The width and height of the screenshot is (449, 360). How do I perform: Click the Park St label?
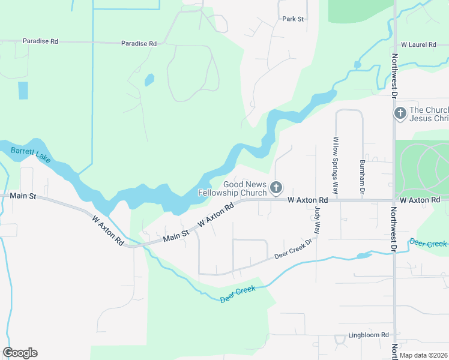294,19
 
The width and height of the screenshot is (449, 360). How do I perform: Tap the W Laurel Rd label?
418,45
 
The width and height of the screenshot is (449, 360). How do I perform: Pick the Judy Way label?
318,220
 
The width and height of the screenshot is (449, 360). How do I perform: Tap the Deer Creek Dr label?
294,248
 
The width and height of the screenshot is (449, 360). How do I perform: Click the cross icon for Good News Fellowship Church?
276,189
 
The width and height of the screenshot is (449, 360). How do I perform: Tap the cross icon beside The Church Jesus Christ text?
400,113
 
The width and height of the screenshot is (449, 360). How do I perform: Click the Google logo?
20,353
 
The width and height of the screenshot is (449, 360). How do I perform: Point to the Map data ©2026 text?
424,355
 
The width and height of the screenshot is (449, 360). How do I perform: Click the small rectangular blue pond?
23,90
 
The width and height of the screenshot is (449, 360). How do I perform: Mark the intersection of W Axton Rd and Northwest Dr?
394,200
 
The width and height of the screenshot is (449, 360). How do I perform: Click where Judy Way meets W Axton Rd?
316,200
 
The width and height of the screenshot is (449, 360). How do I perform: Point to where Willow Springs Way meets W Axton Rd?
336,200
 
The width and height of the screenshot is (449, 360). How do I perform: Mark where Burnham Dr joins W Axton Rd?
363,200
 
